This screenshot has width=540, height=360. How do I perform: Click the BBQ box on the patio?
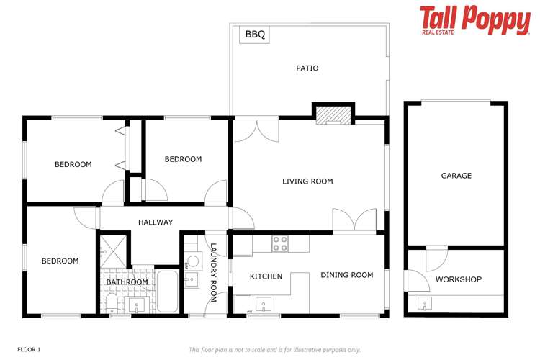pyautogui.click(x=255, y=34)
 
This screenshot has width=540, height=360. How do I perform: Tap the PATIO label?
pyautogui.click(x=307, y=68)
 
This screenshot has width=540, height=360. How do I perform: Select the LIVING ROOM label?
pyautogui.click(x=307, y=181)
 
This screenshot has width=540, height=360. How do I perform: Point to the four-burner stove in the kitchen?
pyautogui.click(x=280, y=244)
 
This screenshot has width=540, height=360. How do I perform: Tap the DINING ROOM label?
pyautogui.click(x=347, y=275)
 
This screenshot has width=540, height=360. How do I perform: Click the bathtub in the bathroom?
pyautogui.click(x=166, y=291)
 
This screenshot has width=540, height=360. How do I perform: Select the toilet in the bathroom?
pyautogui.click(x=111, y=301)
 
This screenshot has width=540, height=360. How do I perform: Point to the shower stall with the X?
pyautogui.click(x=112, y=249)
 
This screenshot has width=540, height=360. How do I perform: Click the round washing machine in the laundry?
pyautogui.click(x=192, y=262)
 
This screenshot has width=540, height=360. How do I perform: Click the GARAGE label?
pyautogui.click(x=456, y=176)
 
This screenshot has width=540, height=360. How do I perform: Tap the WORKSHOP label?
pyautogui.click(x=459, y=279)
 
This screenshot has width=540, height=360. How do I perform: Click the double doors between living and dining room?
pyautogui.click(x=354, y=221)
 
